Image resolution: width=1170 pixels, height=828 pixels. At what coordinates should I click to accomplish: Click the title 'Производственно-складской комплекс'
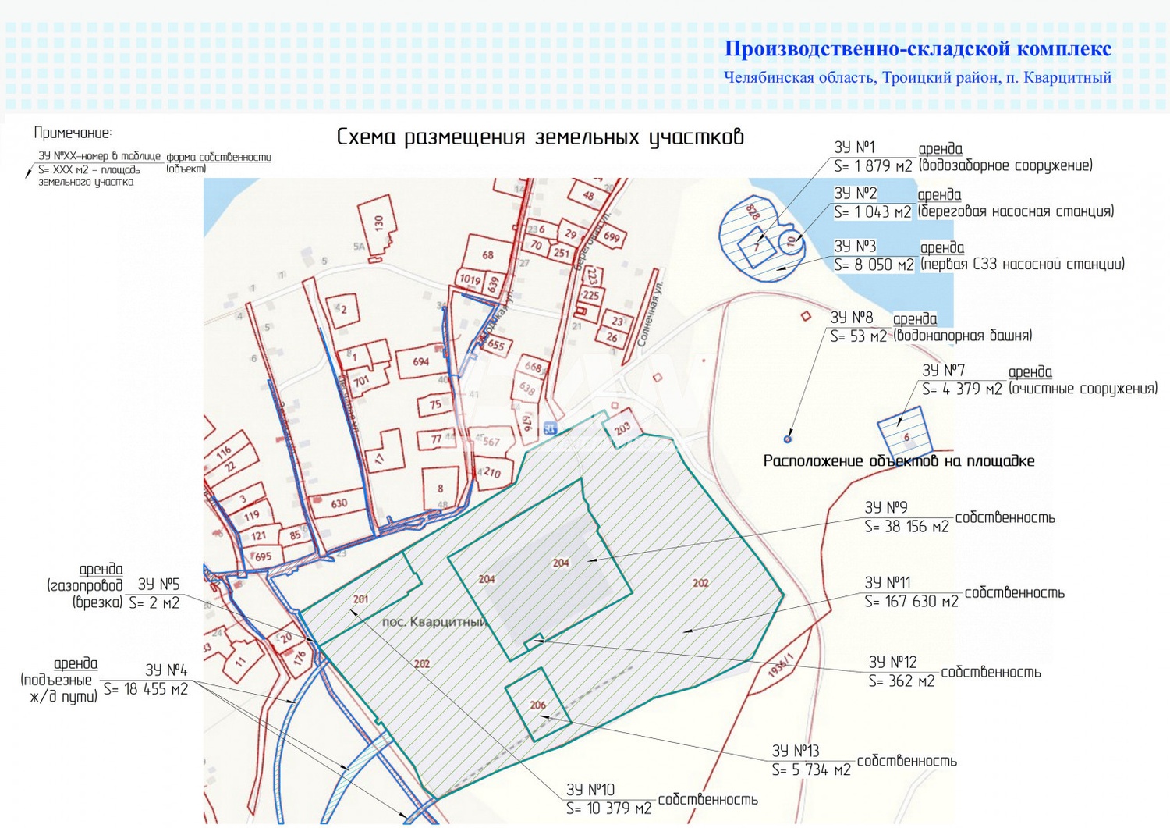point(917,49)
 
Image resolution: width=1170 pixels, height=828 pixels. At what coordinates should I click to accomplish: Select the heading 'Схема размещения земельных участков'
point(540,137)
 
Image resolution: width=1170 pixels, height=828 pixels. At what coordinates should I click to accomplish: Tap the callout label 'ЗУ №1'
point(854,147)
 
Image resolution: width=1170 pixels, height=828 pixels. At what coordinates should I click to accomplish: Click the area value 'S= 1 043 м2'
point(872,212)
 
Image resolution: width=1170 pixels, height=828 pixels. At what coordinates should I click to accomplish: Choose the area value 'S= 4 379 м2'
point(961,389)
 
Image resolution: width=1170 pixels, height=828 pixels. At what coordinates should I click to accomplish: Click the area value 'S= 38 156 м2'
point(906,527)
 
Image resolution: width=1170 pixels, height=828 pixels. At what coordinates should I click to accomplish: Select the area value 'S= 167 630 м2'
point(911,602)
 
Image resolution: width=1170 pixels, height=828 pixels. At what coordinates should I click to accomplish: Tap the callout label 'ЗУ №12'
point(892,663)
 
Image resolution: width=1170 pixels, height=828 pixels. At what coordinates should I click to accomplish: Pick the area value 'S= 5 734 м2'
point(811,770)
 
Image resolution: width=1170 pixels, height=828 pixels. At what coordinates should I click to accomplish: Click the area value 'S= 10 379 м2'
point(608,808)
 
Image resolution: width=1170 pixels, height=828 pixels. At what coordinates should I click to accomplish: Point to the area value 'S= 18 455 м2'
point(146,690)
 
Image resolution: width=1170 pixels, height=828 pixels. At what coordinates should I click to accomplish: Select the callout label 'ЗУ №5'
point(158,585)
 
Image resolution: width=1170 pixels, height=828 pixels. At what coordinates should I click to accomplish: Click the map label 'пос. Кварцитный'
point(434,623)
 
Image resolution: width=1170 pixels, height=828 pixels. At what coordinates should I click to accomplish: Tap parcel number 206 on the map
point(538,705)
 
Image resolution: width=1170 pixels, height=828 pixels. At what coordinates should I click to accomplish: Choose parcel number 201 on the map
point(360,599)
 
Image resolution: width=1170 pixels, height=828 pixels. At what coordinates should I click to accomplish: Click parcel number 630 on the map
point(339,503)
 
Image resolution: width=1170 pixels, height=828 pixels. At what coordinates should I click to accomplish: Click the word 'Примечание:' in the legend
point(73,133)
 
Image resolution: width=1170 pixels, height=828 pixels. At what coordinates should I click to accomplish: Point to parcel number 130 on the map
point(379,222)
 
